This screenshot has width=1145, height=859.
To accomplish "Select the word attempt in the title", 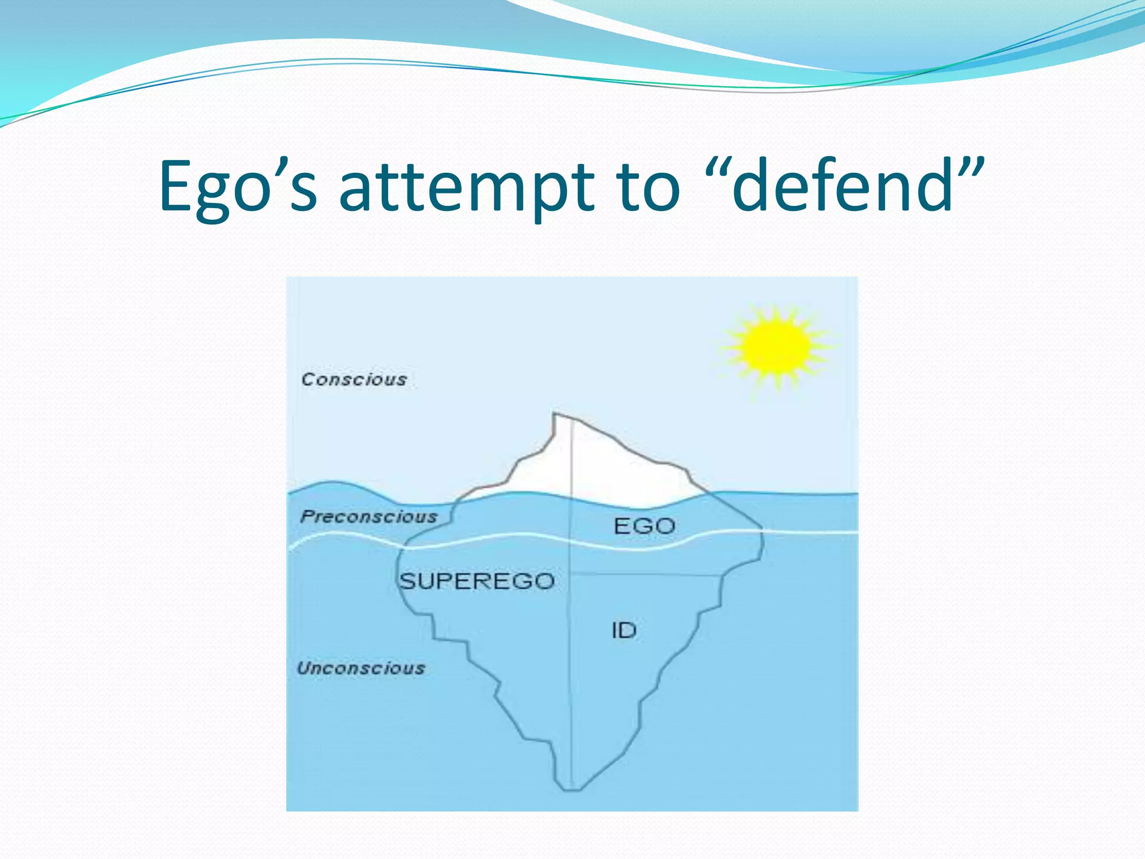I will (466, 187).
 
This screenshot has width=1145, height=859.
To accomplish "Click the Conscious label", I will (354, 380).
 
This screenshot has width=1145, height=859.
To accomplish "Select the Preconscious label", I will (369, 517).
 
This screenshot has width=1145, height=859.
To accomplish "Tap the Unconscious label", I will (361, 668).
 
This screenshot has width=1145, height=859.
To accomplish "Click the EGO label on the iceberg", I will (644, 526).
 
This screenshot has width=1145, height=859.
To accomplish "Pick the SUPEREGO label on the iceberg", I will (477, 582).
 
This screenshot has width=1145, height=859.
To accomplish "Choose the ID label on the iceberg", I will (624, 631).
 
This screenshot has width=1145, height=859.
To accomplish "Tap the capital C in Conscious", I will (307, 380).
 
